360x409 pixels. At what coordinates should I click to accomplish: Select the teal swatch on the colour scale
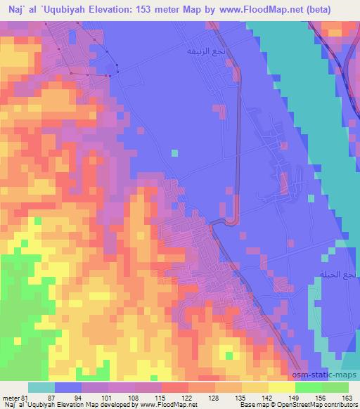tap(41, 387)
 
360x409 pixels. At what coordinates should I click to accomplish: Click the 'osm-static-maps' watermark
tap(324, 375)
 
